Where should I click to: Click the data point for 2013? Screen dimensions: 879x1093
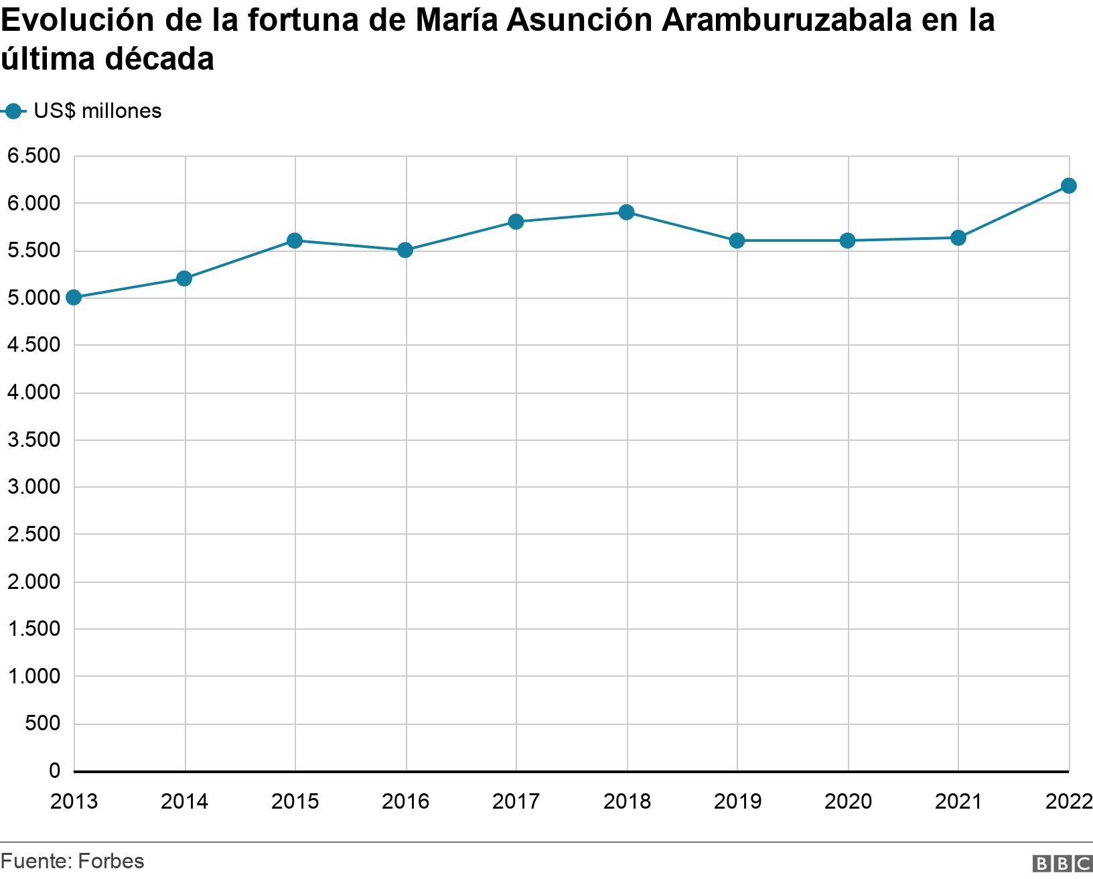click(x=74, y=297)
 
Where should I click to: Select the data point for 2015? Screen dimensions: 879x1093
click(x=295, y=241)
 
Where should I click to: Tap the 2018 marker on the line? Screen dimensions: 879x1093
click(x=627, y=212)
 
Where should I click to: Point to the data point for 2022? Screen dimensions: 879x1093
click(x=1068, y=186)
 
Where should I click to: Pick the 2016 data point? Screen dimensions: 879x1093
click(x=405, y=250)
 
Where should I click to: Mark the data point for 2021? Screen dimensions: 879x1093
click(x=958, y=238)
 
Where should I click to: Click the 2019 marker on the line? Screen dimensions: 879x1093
click(x=737, y=241)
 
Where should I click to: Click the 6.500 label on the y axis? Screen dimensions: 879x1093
click(x=33, y=157)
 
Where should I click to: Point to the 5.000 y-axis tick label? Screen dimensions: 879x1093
click(x=33, y=298)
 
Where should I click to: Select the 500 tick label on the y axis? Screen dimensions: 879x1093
click(x=44, y=724)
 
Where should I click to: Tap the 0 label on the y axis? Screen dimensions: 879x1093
click(x=54, y=771)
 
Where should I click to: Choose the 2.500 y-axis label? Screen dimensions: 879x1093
click(x=33, y=535)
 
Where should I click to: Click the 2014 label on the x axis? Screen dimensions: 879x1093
click(x=185, y=801)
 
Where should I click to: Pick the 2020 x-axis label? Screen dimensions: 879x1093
click(x=848, y=801)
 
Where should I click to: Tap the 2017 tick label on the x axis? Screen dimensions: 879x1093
click(x=516, y=801)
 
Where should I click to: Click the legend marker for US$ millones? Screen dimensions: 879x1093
click(x=13, y=111)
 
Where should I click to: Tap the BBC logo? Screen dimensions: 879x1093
click(x=1062, y=864)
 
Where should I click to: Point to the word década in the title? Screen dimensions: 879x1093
click(x=159, y=59)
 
